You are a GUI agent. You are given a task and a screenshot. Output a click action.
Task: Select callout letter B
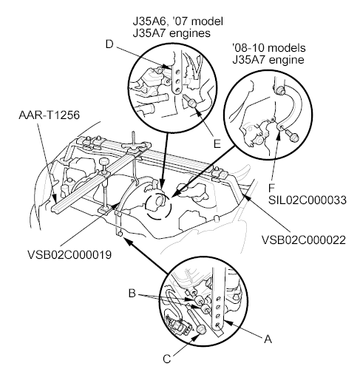132,294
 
